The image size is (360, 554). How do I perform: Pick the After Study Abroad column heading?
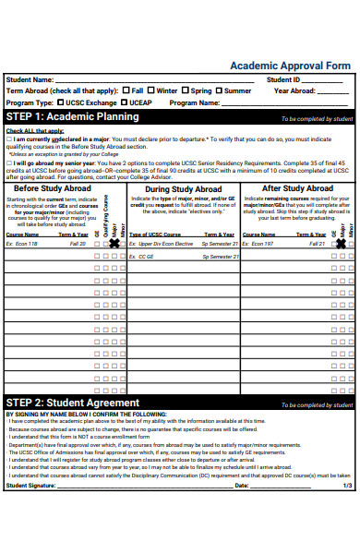click(297, 188)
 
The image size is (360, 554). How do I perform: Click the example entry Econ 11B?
click(24, 243)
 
